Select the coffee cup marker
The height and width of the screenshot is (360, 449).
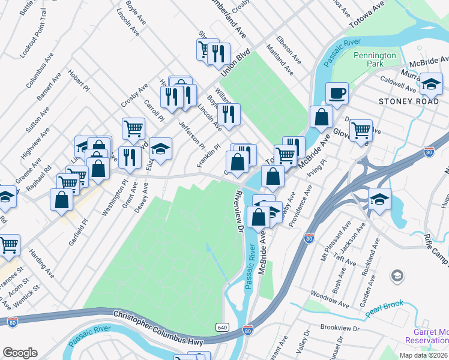pos(337,93)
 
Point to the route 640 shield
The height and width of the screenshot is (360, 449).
pos(222,326)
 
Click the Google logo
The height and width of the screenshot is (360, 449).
pos(20,353)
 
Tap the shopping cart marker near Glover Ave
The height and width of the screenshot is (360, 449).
pos(361,129)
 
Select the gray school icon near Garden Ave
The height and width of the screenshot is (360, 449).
pos(397,276)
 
